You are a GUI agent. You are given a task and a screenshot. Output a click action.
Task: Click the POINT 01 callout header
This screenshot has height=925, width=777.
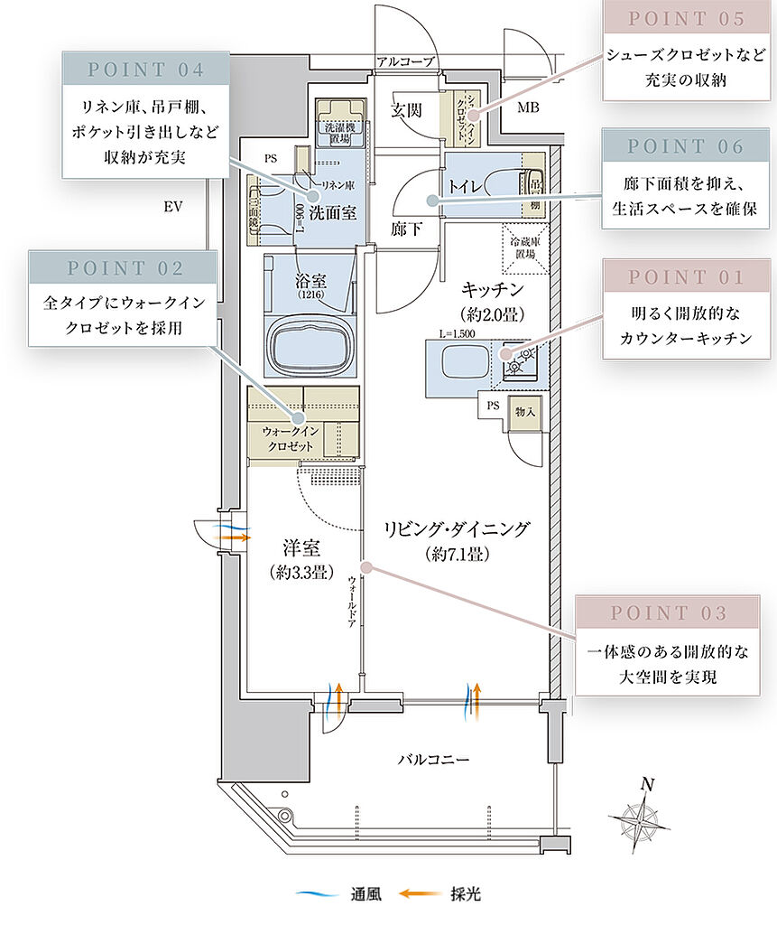point(687,278)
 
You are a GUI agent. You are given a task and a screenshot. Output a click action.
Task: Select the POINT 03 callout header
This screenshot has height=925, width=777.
point(668,613)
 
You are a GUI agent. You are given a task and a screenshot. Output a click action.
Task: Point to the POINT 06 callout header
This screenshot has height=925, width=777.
point(686,146)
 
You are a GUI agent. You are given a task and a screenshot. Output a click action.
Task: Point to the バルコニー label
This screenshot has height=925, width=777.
point(434,760)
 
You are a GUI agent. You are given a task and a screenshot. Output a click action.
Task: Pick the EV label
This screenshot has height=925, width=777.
point(173,207)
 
